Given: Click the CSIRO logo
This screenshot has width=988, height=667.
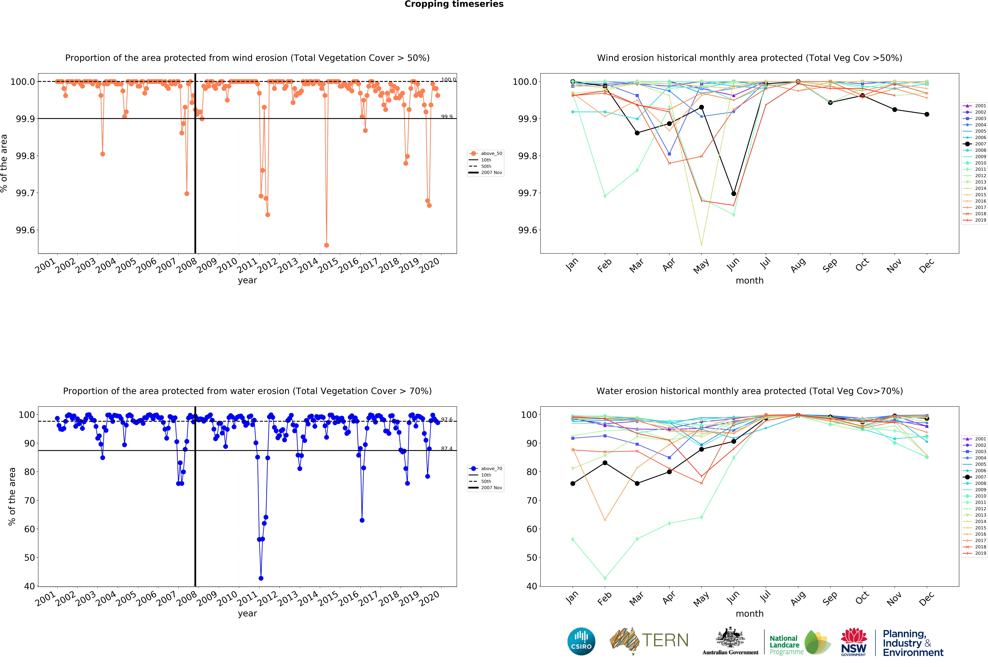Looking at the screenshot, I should (x=581, y=641).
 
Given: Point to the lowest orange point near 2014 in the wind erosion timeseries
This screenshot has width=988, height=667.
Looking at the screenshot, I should (x=327, y=245).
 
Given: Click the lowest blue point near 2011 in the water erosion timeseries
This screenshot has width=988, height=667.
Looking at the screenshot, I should (x=261, y=578).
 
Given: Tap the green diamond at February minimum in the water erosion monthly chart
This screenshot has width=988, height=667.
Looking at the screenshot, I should (x=605, y=578).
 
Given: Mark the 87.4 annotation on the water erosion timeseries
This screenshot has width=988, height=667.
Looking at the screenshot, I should (x=447, y=449).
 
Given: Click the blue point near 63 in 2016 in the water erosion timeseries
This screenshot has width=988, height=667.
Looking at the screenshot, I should (x=362, y=520).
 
